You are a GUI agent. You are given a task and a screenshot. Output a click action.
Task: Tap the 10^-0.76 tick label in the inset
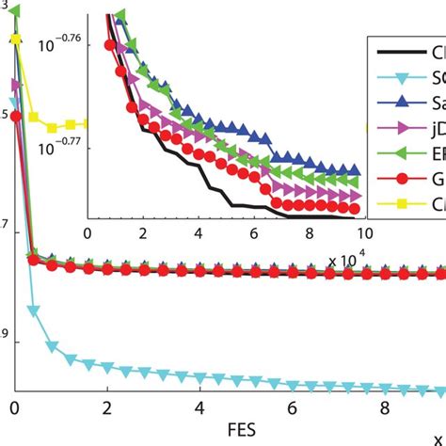tap(60, 41)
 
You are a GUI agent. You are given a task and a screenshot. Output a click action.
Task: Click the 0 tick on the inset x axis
tap(87, 231)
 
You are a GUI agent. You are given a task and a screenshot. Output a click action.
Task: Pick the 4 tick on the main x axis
tap(199, 408)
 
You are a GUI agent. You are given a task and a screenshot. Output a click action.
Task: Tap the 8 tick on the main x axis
tap(383, 408)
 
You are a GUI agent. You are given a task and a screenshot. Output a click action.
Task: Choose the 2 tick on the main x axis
tap(106, 408)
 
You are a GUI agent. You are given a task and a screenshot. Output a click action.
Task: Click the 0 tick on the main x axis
tap(15, 408)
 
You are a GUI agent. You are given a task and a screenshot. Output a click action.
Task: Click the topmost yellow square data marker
tap(14, 40)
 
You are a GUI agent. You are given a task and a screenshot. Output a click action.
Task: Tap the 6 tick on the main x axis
tap(291, 408)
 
